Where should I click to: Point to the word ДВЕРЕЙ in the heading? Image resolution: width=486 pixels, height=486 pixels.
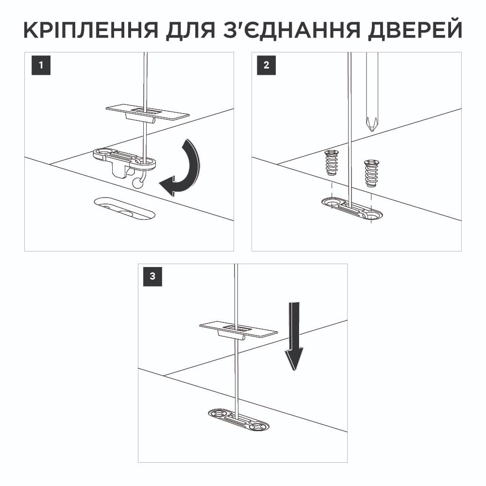(415, 31)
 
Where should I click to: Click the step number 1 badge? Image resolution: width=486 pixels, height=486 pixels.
(41, 66)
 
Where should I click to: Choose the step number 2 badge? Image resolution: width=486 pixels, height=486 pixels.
(266, 66)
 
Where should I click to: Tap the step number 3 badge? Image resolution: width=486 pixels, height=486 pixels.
(153, 277)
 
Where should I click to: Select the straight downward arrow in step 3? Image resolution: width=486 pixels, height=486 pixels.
(294, 335)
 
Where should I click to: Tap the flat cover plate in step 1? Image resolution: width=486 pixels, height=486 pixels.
(147, 112)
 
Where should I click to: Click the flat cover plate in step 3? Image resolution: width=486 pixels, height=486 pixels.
(238, 330)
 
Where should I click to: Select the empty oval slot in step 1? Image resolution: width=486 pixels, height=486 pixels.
(125, 208)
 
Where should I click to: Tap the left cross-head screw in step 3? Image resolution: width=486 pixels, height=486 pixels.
(217, 414)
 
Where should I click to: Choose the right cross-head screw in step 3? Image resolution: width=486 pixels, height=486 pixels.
(259, 427)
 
